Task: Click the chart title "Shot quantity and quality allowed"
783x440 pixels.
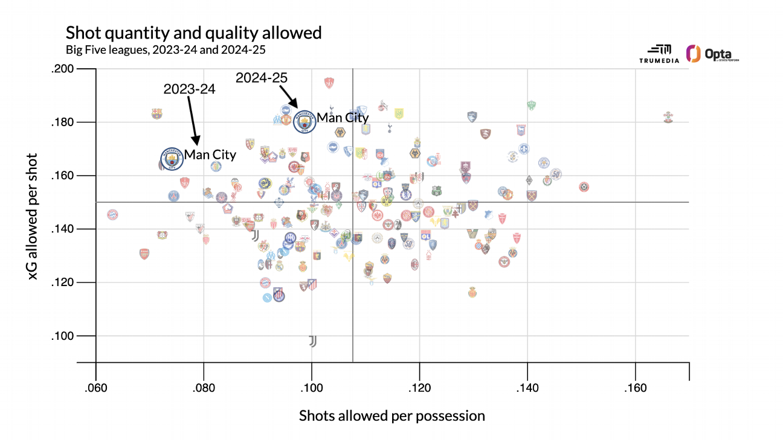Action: coord(193,32)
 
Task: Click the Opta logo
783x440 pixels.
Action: coord(714,54)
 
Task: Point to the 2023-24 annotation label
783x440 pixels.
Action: coord(189,89)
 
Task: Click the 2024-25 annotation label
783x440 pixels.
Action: coord(261,77)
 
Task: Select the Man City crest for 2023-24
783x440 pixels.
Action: coord(172,159)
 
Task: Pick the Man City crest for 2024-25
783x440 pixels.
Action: coord(304,121)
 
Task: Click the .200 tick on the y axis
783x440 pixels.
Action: coord(62,69)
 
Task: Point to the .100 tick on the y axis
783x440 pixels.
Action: coord(62,336)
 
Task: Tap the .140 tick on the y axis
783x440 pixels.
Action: coord(62,229)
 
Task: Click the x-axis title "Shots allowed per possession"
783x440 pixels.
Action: coord(391,416)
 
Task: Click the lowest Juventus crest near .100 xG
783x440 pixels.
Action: coord(312,341)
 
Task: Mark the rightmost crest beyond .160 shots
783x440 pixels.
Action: coord(668,116)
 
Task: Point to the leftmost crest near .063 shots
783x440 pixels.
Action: coord(112,214)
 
